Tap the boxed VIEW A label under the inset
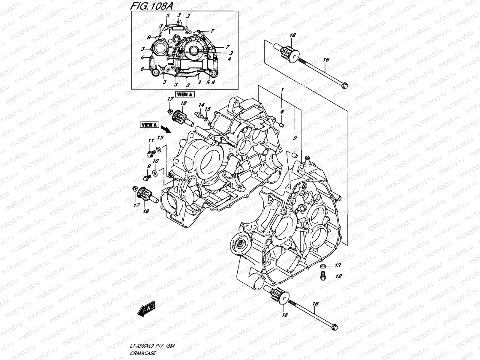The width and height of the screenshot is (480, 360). [x=185, y=94]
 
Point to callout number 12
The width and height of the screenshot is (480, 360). [x=338, y=276]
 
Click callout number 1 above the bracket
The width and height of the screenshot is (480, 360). [x=282, y=90]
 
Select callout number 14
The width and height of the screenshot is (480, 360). [x=201, y=105]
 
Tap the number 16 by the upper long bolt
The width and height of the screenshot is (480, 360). [x=326, y=60]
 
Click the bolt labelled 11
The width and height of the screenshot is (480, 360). [x=149, y=153]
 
